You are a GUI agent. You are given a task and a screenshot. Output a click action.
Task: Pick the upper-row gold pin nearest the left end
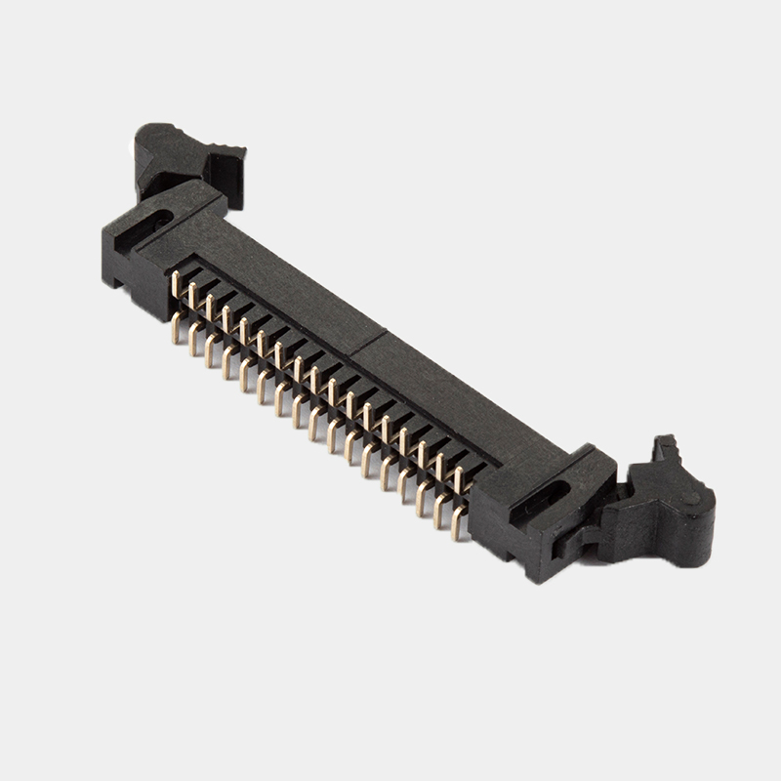pyautogui.click(x=176, y=284)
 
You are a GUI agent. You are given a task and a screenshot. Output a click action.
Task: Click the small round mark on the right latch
pyautogui.click(x=691, y=498)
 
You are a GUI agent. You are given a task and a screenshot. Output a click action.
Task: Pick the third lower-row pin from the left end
pyautogui.click(x=211, y=351)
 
